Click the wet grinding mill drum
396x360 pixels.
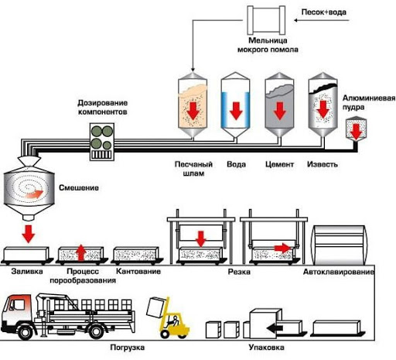tap(266, 20)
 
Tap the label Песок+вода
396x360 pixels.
tap(324, 12)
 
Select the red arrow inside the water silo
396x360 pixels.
tap(236, 111)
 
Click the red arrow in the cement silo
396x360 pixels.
tap(280, 111)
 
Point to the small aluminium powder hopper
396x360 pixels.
tap(356, 129)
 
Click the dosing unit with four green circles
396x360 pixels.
tap(102, 142)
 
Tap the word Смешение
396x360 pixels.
tap(79, 187)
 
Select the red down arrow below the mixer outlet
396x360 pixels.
tap(29, 234)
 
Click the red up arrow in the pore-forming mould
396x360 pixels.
tap(81, 252)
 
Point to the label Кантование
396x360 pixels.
tap(138, 272)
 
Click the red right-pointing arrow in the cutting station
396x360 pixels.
tap(282, 248)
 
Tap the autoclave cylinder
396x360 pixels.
tap(339, 245)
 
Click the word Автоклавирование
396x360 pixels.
tap(339, 272)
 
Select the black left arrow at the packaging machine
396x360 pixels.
tap(275, 328)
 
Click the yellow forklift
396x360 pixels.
tap(169, 318)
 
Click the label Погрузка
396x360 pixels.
tap(128, 348)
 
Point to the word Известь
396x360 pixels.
tap(323, 164)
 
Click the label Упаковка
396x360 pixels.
tap(267, 348)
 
